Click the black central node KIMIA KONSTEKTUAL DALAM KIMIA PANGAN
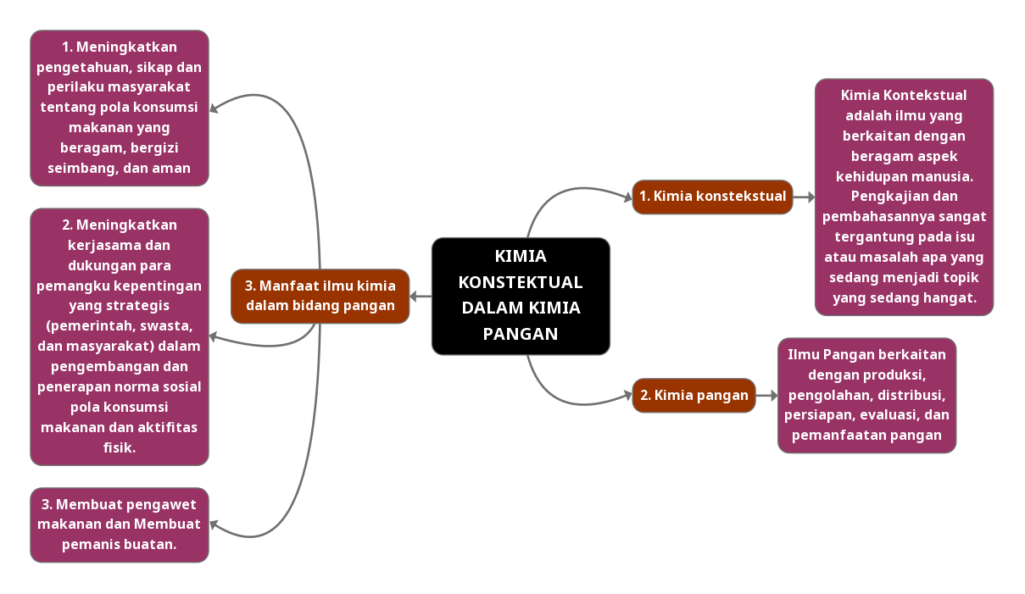[x=521, y=295]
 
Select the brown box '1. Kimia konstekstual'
[x=712, y=197]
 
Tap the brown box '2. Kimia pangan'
[x=694, y=395]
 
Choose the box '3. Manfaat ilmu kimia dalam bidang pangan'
[x=320, y=296]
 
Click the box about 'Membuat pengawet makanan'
[x=120, y=525]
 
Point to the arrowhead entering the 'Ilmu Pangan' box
[x=772, y=395]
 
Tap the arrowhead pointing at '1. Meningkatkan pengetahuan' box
[x=214, y=108]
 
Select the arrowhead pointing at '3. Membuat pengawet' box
[x=214, y=525]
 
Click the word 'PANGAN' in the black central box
[x=521, y=334]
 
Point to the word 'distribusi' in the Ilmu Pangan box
[x=911, y=395]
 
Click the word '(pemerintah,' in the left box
[x=86, y=325]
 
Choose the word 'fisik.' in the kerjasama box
[x=120, y=447]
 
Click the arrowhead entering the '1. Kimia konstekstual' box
[x=627, y=197]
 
